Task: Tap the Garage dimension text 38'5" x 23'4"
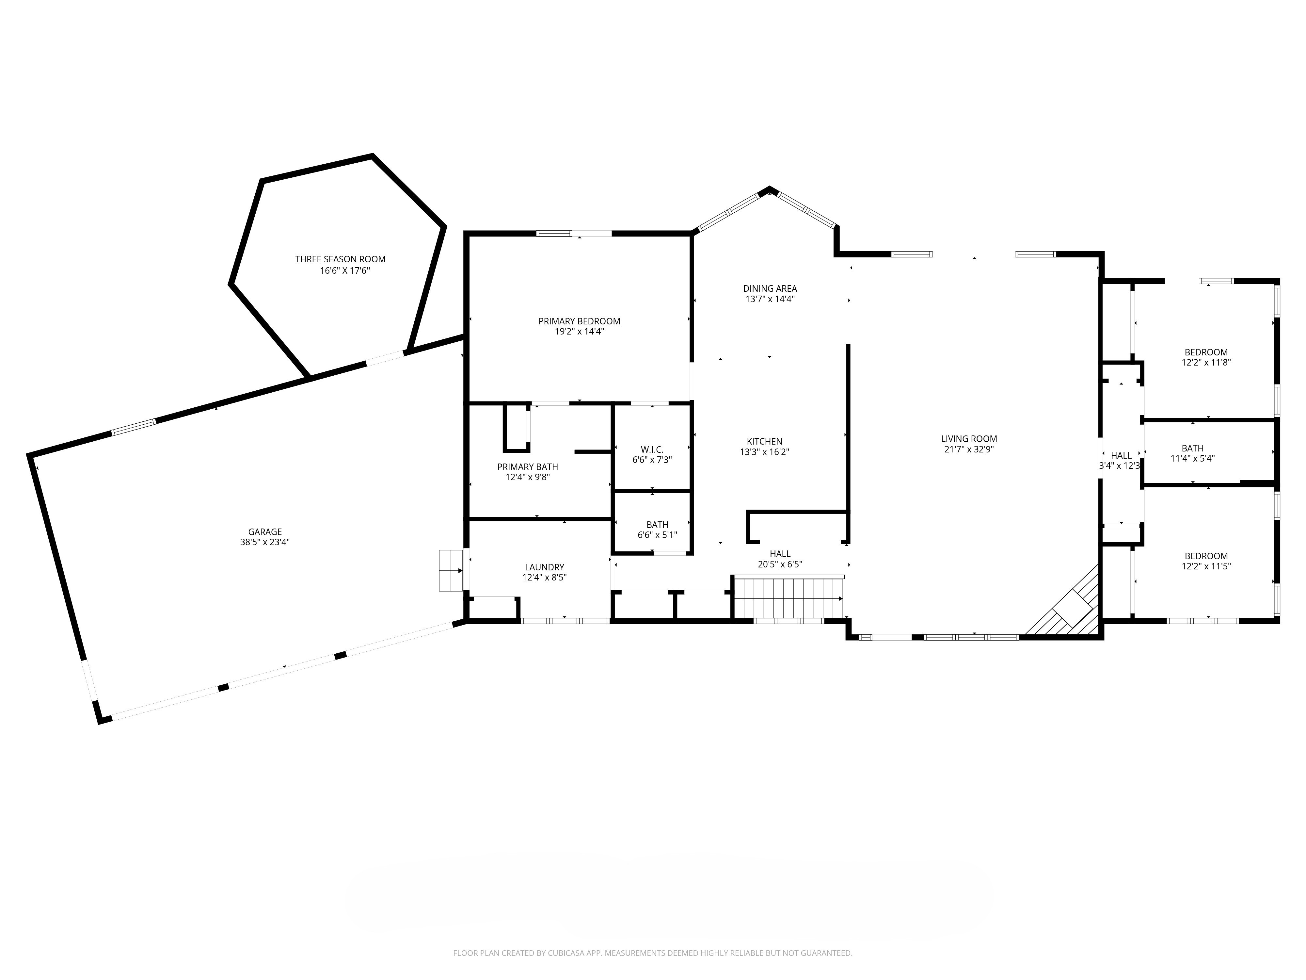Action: (x=264, y=542)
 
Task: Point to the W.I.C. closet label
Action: (x=652, y=449)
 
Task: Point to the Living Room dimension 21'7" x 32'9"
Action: (x=968, y=449)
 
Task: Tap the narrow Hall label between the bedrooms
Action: (x=1121, y=455)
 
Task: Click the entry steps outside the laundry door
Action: (x=451, y=570)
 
